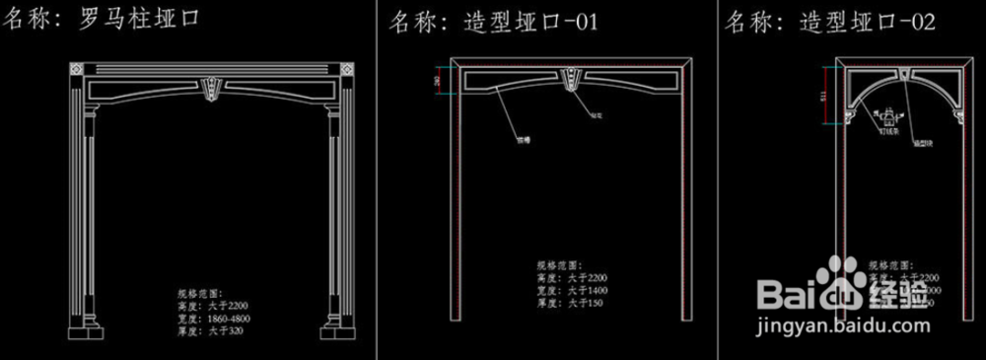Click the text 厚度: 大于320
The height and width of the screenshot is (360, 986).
(x=210, y=331)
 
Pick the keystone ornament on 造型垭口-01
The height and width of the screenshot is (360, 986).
(x=572, y=78)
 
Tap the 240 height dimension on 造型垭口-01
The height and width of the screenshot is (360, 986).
(x=438, y=82)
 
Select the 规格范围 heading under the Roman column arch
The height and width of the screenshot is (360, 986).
(x=201, y=294)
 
